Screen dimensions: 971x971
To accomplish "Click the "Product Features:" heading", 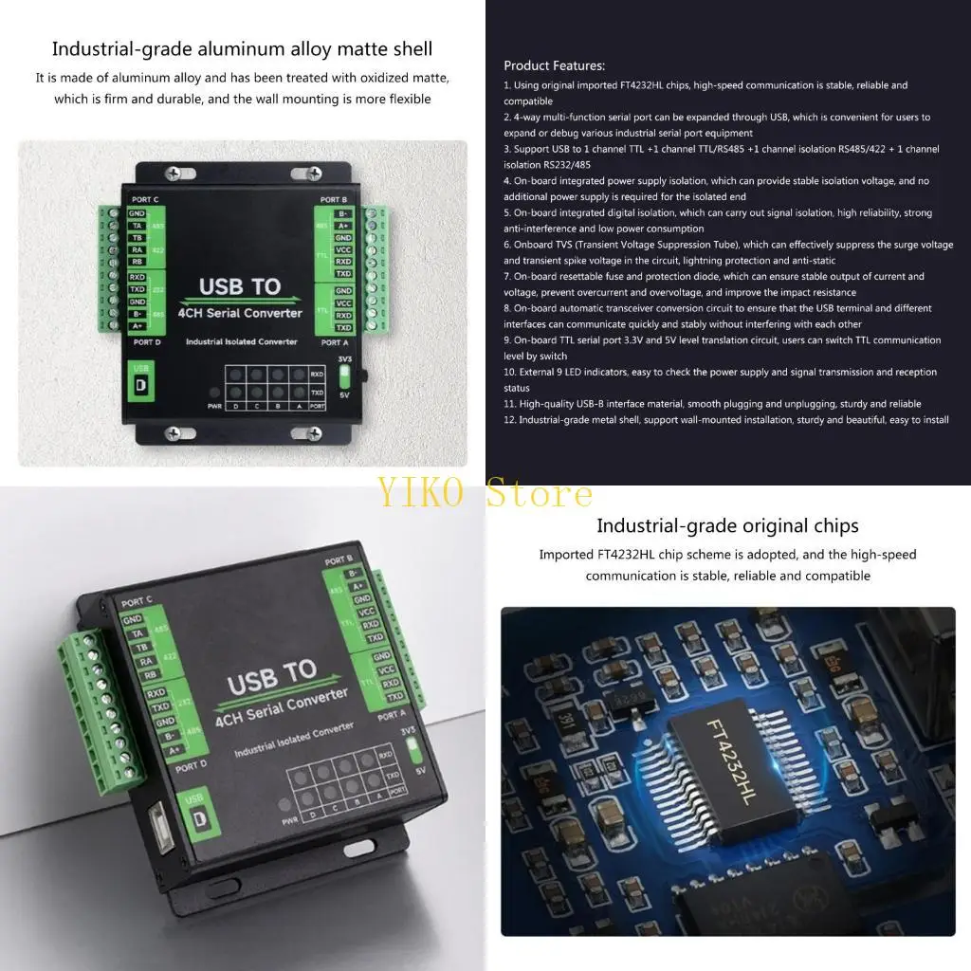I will [554, 65].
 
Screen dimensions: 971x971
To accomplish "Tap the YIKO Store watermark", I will [485, 494].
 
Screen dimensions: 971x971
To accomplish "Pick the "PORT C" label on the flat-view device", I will [147, 198].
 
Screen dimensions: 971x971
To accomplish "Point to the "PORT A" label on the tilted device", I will [391, 716].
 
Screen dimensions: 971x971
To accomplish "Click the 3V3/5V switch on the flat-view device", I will [344, 375].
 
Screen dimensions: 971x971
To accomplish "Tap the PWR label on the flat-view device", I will [215, 406].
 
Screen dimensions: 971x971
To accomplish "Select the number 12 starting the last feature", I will [509, 420].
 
